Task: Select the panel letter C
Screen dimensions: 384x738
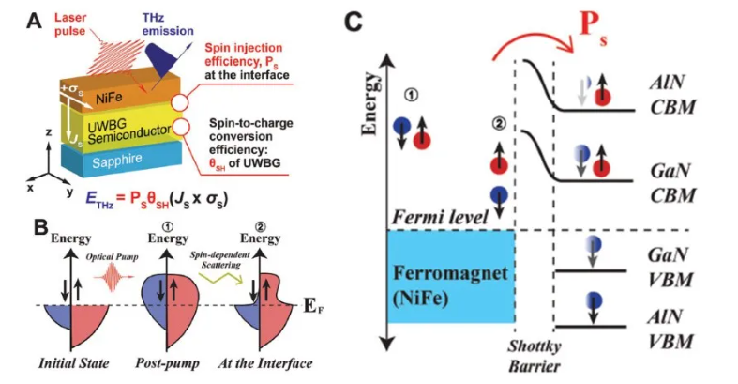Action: click(355, 20)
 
